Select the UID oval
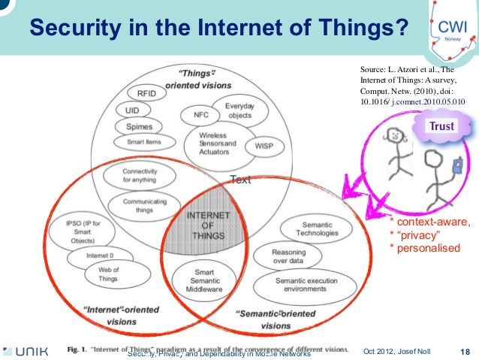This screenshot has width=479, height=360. [132, 110]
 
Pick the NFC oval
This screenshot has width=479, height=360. [200, 116]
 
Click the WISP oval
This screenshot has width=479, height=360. [264, 144]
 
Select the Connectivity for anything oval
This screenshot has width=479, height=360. [139, 175]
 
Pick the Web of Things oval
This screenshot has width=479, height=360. [108, 274]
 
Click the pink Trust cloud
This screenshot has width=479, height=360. [441, 126]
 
